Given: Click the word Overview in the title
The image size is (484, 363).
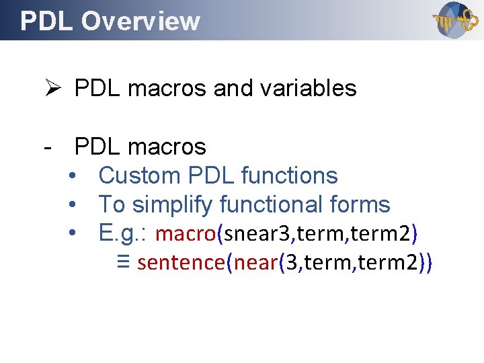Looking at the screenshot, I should click(141, 22).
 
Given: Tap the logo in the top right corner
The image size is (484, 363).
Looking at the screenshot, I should click(452, 20).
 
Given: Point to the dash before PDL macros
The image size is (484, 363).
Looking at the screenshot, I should click(46, 146).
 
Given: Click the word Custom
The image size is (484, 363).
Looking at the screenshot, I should click(140, 175).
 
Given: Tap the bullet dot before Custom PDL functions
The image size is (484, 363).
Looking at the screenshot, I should click(73, 176).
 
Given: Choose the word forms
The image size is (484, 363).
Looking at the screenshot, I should click(360, 204).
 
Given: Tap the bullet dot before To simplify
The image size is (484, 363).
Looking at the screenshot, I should click(73, 205).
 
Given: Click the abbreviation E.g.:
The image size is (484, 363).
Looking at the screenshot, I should click(123, 233).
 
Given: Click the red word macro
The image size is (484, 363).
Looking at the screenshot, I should click(185, 233).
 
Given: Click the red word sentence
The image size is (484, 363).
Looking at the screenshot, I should click(180, 262).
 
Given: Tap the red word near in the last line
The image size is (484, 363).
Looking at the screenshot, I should click(256, 262).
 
